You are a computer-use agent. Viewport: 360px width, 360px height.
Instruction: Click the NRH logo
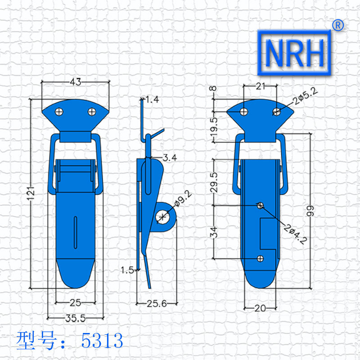(x=294, y=53)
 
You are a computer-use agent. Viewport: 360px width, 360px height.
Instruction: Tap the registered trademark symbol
(x=338, y=25)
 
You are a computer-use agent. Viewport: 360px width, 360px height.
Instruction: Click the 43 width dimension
(x=76, y=82)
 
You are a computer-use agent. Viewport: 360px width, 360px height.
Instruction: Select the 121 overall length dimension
(x=31, y=193)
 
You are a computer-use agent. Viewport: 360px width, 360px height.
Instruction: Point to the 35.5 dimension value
(x=75, y=319)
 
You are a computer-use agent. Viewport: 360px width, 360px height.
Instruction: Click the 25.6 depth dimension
(x=157, y=304)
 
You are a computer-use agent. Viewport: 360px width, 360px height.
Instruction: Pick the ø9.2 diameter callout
(x=183, y=198)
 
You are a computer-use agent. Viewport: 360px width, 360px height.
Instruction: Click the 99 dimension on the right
(x=310, y=211)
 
